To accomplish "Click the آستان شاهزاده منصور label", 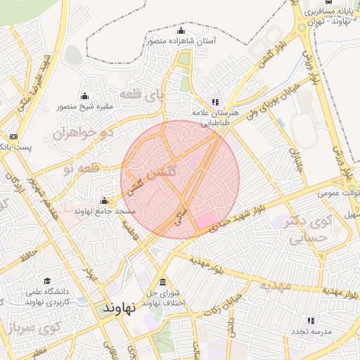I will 181,41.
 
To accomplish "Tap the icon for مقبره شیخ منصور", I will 85,96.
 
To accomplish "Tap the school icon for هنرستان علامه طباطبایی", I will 215,103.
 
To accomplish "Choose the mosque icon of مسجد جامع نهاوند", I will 105,201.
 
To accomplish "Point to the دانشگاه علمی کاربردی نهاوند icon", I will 47,281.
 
